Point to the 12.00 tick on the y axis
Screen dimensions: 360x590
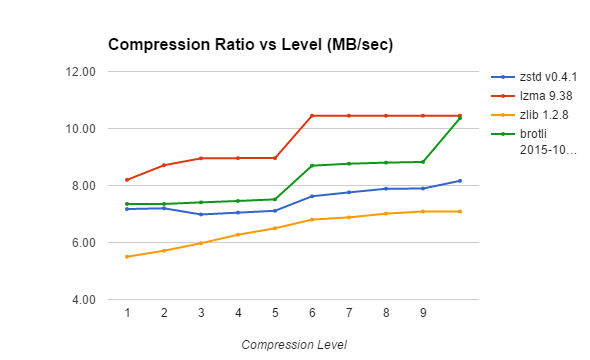click(x=81, y=72)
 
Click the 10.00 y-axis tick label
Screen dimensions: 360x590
click(x=81, y=129)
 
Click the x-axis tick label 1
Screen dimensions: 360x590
click(x=127, y=313)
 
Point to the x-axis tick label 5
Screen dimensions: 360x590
click(x=275, y=313)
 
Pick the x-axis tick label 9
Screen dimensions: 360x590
click(x=423, y=313)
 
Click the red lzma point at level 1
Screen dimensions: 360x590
click(x=127, y=180)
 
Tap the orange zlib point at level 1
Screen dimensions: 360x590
click(x=127, y=257)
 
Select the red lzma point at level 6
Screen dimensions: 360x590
click(x=312, y=116)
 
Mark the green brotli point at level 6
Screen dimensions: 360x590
click(x=312, y=166)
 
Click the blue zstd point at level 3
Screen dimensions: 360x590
click(x=201, y=214)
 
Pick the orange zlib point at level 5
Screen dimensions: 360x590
click(x=275, y=228)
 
